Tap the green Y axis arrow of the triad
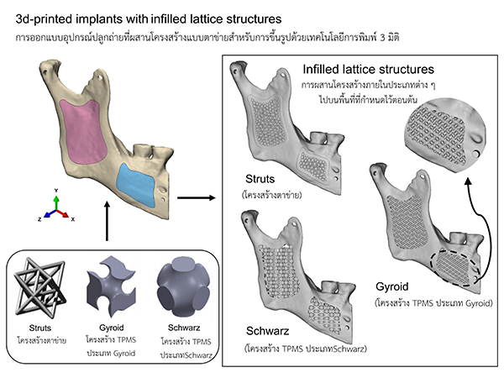point(55,202)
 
